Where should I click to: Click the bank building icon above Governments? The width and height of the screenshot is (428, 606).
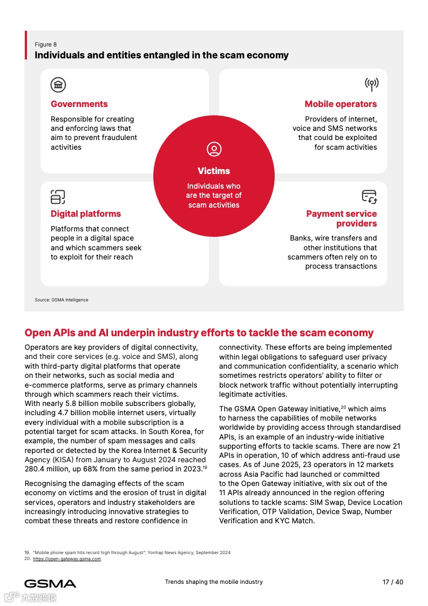click(x=58, y=84)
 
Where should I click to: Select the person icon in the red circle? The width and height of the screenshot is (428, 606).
click(x=214, y=150)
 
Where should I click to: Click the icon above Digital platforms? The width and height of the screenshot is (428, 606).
click(x=58, y=197)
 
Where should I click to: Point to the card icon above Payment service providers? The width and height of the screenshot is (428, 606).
click(x=369, y=197)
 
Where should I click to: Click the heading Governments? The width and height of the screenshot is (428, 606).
click(x=79, y=104)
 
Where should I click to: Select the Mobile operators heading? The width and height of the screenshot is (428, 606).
click(x=341, y=104)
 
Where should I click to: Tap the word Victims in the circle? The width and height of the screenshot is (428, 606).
click(x=214, y=171)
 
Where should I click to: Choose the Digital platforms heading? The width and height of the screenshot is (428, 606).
click(x=86, y=214)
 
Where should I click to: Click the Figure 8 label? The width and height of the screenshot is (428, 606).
click(x=46, y=44)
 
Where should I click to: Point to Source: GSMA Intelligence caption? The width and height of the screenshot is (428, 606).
click(x=62, y=299)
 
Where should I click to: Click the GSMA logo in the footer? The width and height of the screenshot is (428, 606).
click(x=50, y=583)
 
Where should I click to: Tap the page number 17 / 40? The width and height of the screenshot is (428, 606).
click(x=393, y=582)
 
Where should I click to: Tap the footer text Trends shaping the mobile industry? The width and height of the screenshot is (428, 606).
click(x=214, y=582)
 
